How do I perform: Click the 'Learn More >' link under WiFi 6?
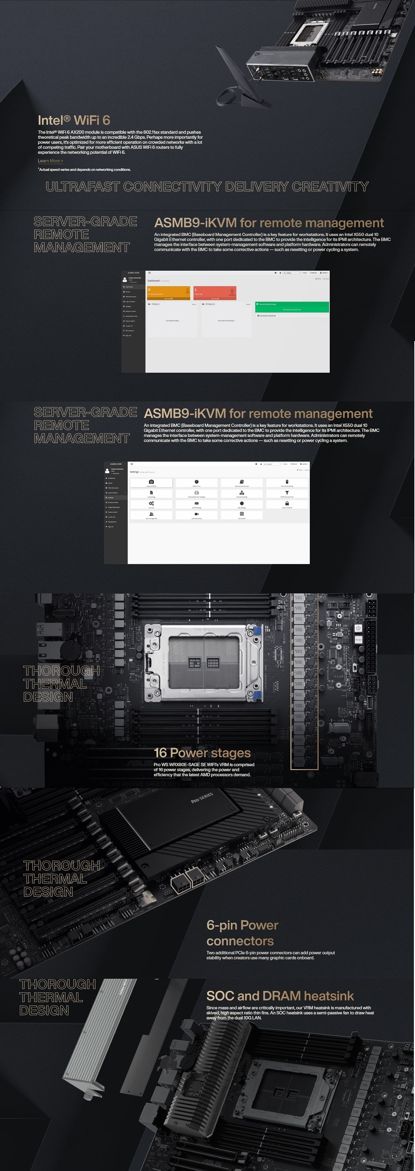(50, 161)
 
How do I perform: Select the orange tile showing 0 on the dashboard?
(168, 292)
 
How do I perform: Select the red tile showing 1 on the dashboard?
(215, 292)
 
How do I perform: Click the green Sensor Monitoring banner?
(292, 307)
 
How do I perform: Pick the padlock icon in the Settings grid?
(287, 504)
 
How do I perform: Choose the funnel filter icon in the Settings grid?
(287, 493)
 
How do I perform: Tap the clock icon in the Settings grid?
(197, 482)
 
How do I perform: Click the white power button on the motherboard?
(358, 628)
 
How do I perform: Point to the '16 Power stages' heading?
(202, 753)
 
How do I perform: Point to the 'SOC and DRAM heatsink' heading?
(280, 996)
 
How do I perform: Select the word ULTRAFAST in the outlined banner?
(82, 187)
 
